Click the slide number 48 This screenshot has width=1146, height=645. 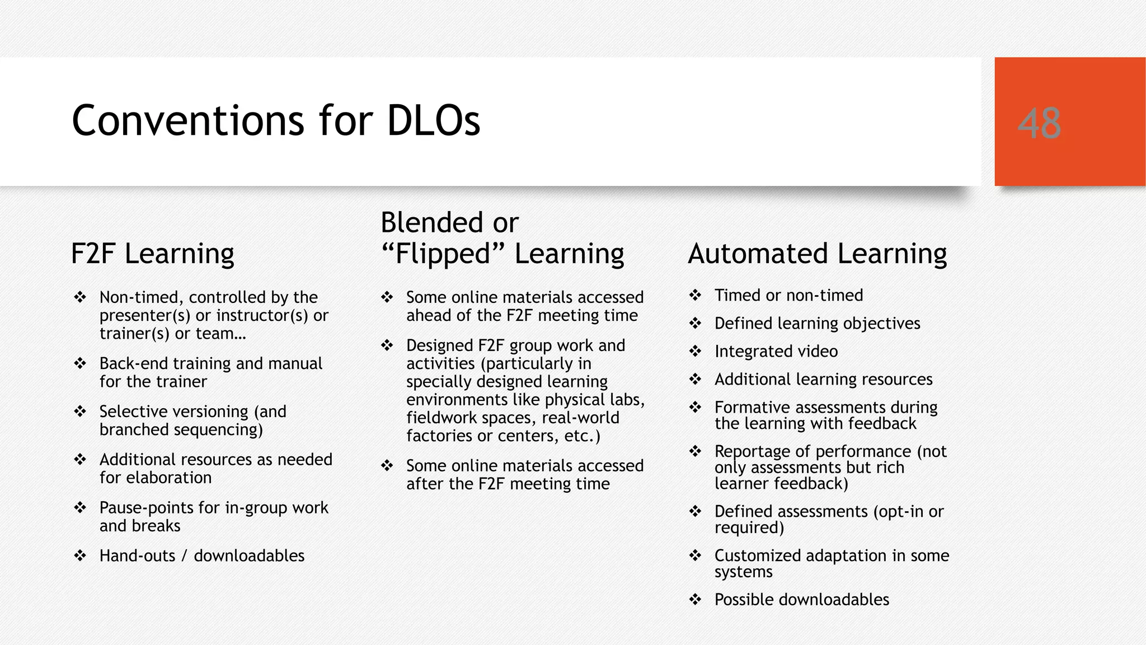[1039, 123]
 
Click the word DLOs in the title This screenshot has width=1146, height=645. [433, 120]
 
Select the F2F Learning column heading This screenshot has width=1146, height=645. [152, 253]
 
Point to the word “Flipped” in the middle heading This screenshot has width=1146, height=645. [442, 253]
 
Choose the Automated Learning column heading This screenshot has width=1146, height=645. [817, 253]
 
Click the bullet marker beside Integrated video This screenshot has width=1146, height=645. [695, 351]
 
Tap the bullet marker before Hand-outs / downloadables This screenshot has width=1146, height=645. [80, 555]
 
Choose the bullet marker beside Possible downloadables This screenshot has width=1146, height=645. [695, 600]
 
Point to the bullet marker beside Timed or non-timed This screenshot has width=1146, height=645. [695, 295]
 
